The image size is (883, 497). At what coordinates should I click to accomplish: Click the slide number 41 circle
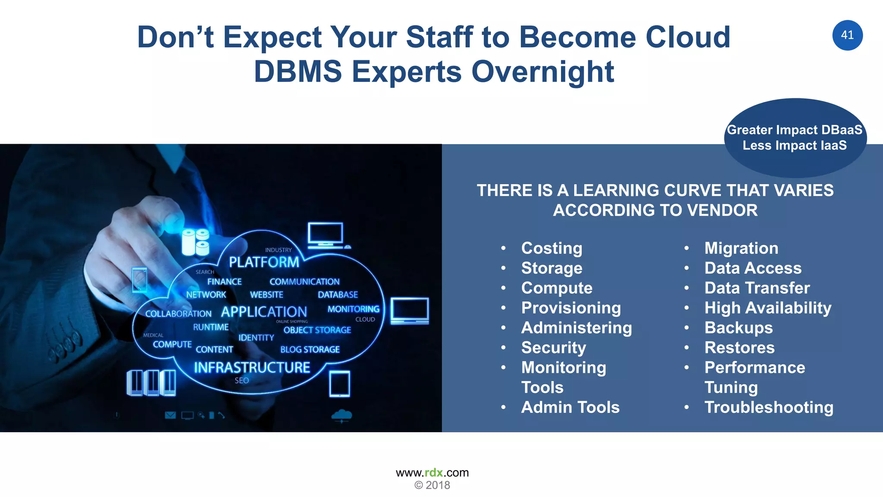pos(847,35)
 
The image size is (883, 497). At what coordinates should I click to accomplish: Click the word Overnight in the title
pos(542,72)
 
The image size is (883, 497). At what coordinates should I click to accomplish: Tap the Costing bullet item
pos(551,248)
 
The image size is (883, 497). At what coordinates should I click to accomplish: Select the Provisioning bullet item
pos(571,308)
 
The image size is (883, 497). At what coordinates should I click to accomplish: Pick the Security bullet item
pos(554,347)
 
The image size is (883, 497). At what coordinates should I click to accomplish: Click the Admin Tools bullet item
pos(570,407)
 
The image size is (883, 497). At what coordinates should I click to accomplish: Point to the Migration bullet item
pos(741,248)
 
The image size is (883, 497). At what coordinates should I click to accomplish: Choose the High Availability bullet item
pos(767,308)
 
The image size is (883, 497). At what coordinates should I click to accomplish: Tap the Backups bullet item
pos(738,327)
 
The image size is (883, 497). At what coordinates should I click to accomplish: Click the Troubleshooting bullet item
pos(769,407)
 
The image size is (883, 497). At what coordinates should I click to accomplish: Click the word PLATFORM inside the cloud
pos(264,262)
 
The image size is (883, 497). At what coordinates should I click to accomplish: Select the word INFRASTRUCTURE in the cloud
pos(252,367)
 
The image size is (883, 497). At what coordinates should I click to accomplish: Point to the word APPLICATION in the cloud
pos(264,311)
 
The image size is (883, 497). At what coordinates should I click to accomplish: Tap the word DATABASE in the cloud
pos(338,295)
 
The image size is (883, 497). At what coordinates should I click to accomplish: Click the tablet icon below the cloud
pos(339,384)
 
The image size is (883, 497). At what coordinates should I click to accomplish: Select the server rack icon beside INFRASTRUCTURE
pos(151,383)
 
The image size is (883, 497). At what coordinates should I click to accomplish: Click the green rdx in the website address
pos(434,472)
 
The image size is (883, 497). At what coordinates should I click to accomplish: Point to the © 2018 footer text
pos(432,485)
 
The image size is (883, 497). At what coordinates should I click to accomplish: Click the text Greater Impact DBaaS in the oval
pos(794,130)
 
